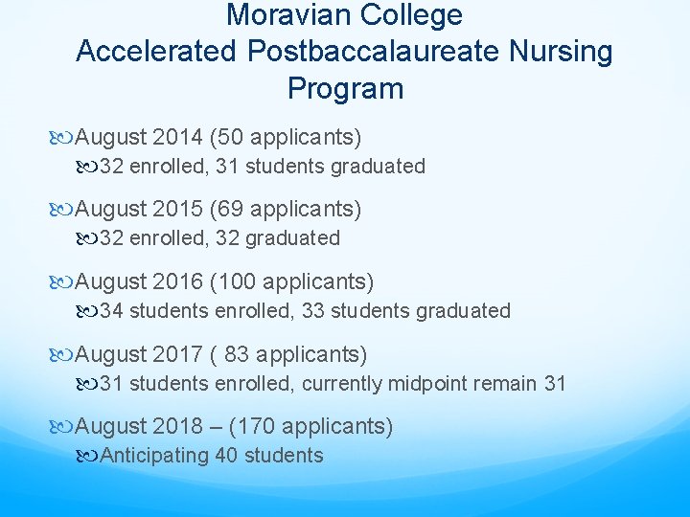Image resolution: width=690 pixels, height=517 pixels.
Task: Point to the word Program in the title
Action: pos(345,88)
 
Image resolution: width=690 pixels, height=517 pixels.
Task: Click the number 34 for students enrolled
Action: pos(111,311)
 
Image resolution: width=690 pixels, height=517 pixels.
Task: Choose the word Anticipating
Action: pos(154,456)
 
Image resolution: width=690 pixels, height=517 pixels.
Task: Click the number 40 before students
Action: pos(227,456)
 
